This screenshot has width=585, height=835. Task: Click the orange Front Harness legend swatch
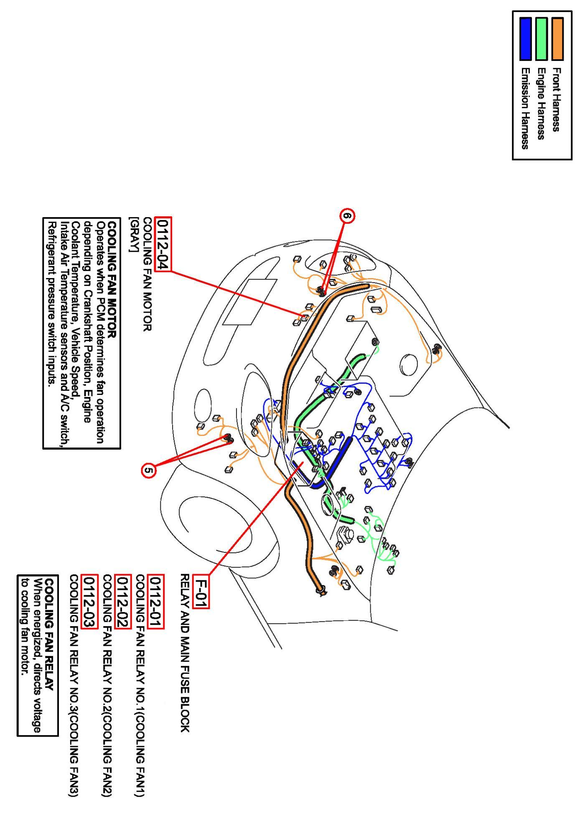[557, 38]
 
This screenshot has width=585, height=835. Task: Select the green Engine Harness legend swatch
[541, 38]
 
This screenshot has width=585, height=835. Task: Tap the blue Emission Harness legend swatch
[525, 38]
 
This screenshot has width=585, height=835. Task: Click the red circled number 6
[348, 215]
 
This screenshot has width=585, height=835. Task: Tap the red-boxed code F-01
[202, 591]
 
